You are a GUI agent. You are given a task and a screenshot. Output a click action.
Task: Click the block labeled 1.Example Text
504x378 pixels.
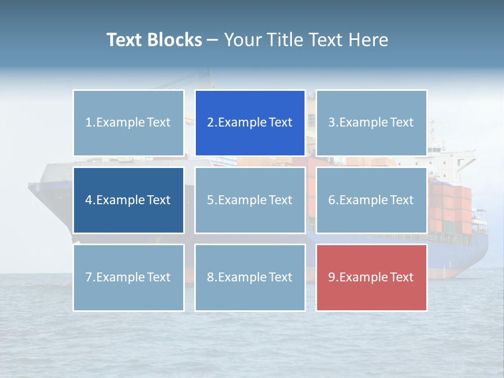(128, 123)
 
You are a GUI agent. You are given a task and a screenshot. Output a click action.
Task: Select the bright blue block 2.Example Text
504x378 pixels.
(250, 123)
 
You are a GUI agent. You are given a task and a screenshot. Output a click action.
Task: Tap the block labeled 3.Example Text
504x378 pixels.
(371, 123)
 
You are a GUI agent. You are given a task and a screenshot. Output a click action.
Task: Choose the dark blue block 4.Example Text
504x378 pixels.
(128, 200)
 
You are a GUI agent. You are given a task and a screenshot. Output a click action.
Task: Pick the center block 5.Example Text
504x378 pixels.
(250, 200)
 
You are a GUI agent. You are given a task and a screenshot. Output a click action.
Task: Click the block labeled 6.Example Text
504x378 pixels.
(371, 200)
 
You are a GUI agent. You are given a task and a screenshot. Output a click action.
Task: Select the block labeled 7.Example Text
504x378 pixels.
(128, 277)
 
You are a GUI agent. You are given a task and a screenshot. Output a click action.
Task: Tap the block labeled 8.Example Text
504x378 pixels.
(250, 277)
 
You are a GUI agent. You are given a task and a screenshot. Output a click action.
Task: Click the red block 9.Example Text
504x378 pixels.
(371, 277)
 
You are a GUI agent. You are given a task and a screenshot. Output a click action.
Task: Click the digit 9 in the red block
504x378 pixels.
(332, 277)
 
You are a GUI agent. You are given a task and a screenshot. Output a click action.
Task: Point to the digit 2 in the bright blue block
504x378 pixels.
(211, 123)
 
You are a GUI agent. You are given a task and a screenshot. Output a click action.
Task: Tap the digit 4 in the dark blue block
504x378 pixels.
(89, 200)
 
